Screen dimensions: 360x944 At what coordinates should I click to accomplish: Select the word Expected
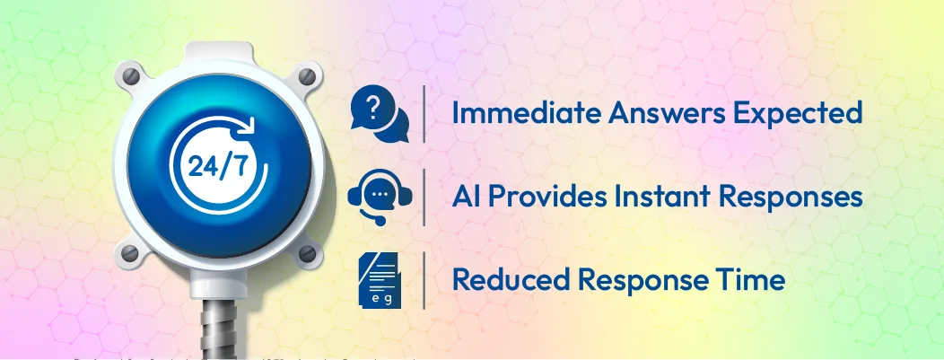798,115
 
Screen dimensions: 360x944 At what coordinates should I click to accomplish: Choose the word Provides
546,196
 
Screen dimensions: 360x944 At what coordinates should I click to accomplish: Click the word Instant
663,196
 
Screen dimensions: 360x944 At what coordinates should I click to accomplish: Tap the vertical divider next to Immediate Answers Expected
424,113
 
